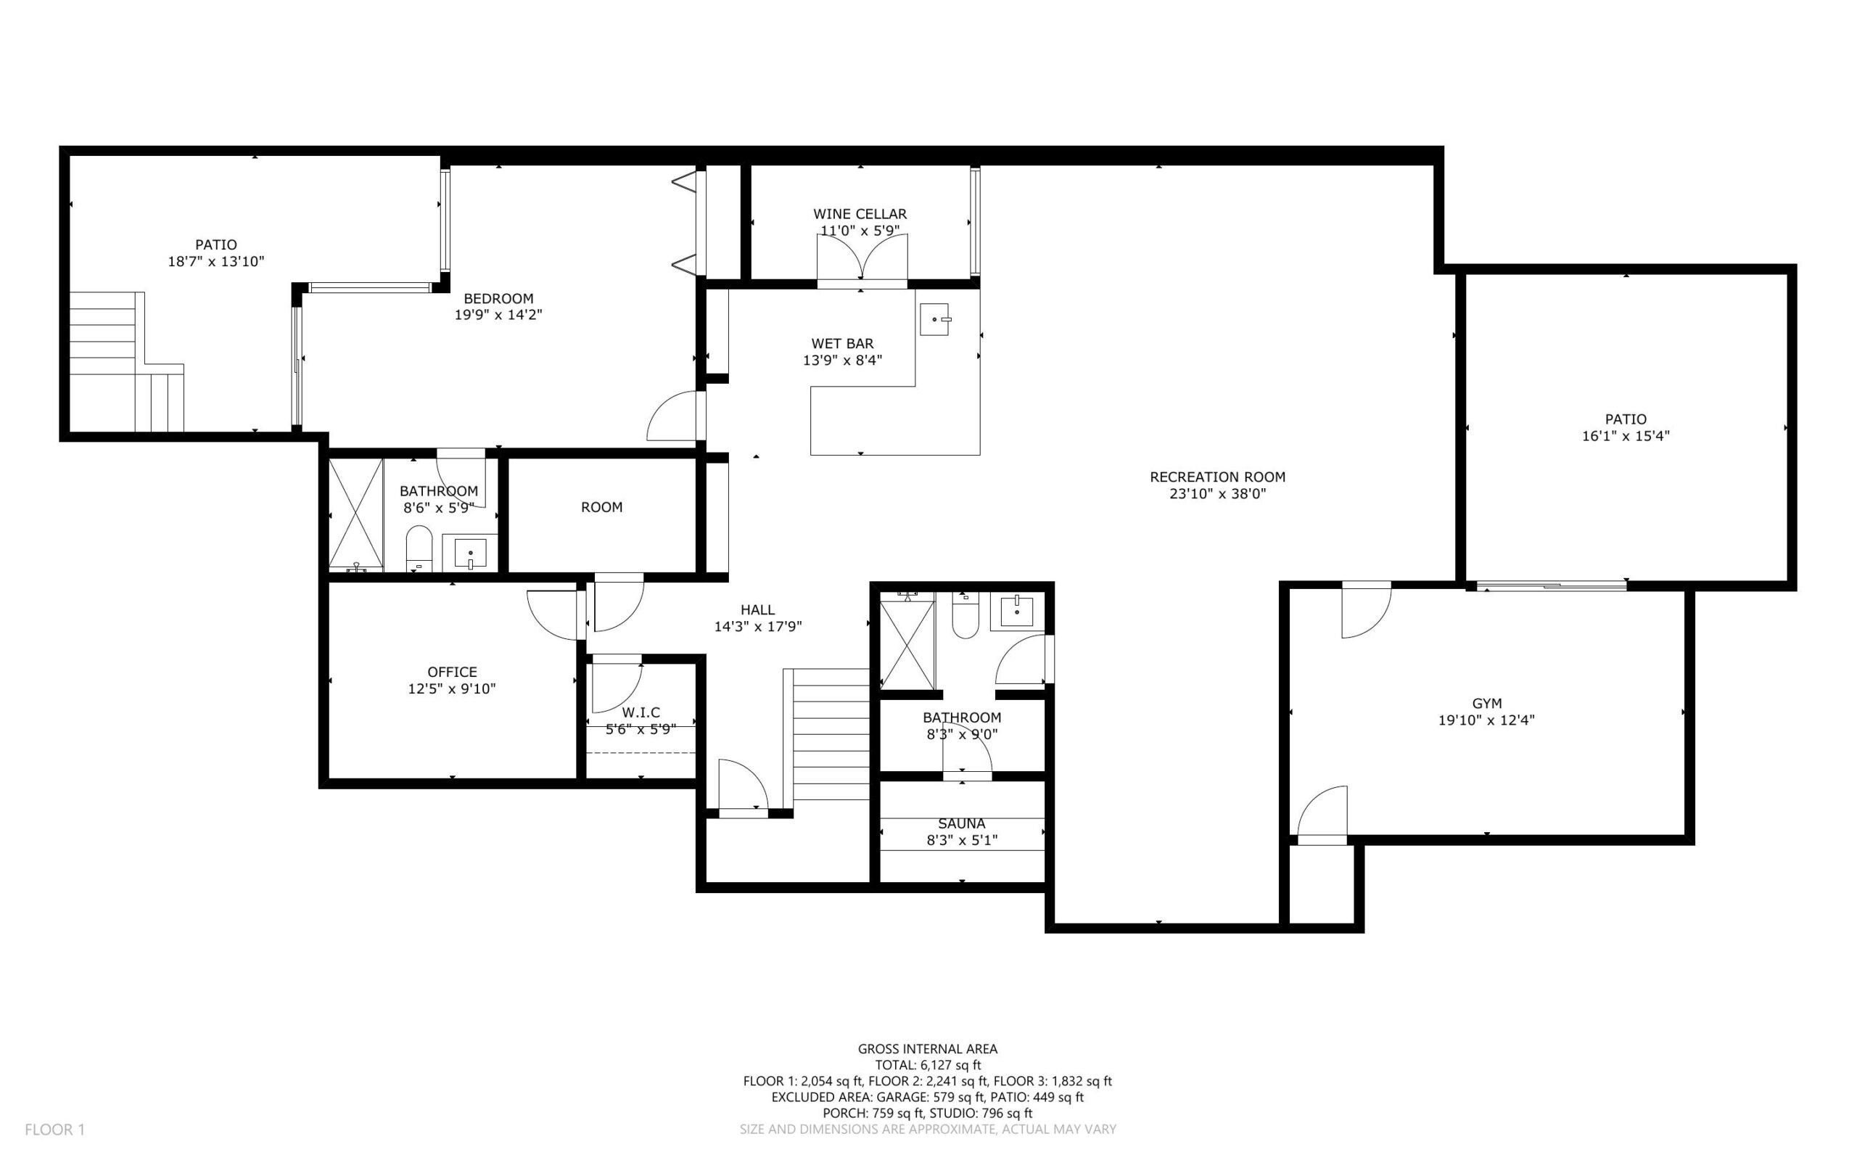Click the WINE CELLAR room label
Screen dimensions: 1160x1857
[x=860, y=214]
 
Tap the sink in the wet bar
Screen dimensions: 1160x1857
[x=935, y=318]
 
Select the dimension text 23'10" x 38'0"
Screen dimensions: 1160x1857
[x=1217, y=494]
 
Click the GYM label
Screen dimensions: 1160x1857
[x=1486, y=704]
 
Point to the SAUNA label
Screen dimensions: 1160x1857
[x=961, y=823]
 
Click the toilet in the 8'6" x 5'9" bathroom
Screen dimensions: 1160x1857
[x=419, y=549]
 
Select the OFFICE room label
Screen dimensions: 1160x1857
[x=452, y=672]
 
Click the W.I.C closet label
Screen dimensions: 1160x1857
[x=641, y=712]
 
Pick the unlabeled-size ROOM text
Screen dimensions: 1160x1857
[x=601, y=507]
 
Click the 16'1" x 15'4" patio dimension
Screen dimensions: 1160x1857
[x=1626, y=436]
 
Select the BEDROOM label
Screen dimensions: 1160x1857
[x=498, y=298]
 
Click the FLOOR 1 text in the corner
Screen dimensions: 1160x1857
[x=54, y=1130]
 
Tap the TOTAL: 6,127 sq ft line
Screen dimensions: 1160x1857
[x=927, y=1065]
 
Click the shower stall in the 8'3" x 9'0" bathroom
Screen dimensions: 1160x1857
[x=907, y=645]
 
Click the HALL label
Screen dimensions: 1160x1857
[x=757, y=610]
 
